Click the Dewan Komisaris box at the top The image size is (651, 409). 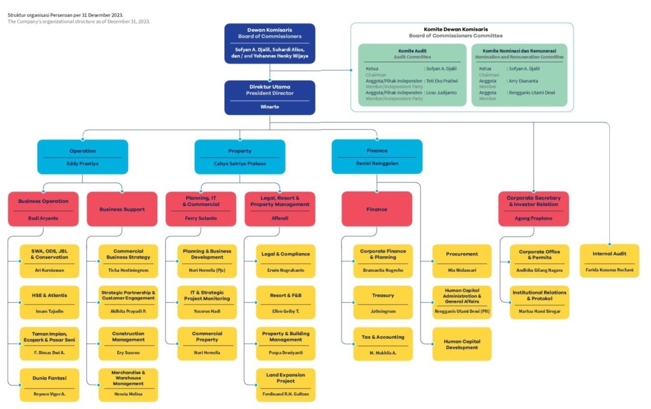[x=270, y=43]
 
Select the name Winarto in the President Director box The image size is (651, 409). [x=270, y=108]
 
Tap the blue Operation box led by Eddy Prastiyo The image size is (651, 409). [x=83, y=156]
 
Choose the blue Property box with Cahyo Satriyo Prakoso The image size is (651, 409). [x=239, y=156]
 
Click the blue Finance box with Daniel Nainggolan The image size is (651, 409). [x=377, y=156]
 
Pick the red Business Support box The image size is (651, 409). [x=122, y=209]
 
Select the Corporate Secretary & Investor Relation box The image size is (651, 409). [x=533, y=208]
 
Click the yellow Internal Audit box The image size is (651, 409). [x=609, y=260]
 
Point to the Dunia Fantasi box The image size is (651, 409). [x=50, y=385]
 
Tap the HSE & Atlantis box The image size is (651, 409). [x=50, y=302]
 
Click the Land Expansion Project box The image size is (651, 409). [x=285, y=385]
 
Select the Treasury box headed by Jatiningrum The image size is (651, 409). [x=383, y=302]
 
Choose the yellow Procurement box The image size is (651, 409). [x=462, y=260]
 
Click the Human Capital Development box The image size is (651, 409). [x=462, y=344]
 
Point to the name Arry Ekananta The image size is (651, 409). [x=523, y=80]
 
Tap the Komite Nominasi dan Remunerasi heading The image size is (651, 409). [x=519, y=51]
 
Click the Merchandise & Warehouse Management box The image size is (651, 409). [x=128, y=385]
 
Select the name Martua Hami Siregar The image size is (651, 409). [x=539, y=311]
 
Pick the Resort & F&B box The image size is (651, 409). [x=285, y=302]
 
